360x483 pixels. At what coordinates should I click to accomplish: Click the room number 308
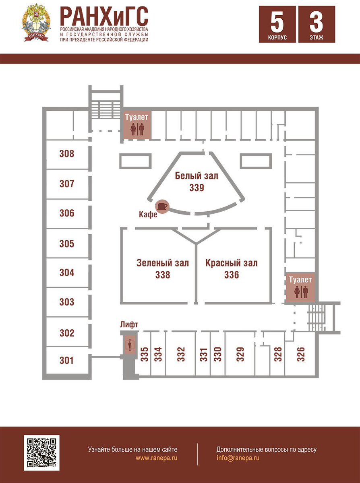click(x=67, y=153)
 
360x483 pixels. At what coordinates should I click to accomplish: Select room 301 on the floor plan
click(x=67, y=360)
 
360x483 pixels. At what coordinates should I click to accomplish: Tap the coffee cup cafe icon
click(x=163, y=206)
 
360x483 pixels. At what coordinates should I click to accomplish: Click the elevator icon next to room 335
click(x=130, y=345)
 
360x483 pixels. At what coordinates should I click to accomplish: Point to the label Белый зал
click(x=197, y=176)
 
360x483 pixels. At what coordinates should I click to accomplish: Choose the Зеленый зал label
click(x=163, y=263)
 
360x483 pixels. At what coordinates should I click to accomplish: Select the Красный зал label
click(x=231, y=263)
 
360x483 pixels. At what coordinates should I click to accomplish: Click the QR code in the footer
click(x=41, y=453)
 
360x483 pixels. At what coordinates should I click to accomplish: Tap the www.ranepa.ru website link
click(x=156, y=458)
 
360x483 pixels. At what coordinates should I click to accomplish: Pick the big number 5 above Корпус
click(x=277, y=22)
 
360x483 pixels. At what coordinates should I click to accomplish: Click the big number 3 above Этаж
click(x=317, y=22)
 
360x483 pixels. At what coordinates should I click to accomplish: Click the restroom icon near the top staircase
click(x=137, y=129)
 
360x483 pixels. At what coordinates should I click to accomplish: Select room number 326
click(x=300, y=354)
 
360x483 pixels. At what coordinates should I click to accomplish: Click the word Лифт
click(x=129, y=324)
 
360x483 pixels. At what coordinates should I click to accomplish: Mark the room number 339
click(x=197, y=188)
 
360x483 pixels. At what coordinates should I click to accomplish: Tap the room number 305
click(x=67, y=244)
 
